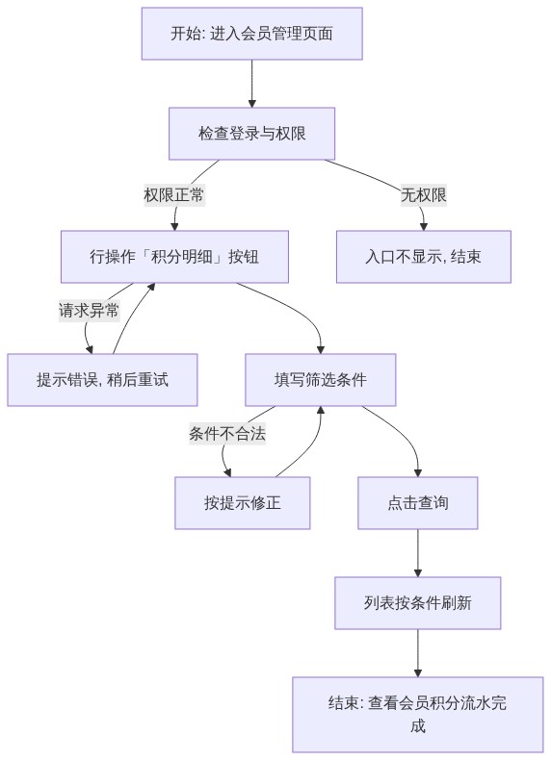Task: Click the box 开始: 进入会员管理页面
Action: (252, 34)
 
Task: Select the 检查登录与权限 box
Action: (252, 134)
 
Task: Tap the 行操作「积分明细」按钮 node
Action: (174, 257)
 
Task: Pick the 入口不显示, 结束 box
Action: (424, 257)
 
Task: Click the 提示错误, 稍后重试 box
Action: (102, 379)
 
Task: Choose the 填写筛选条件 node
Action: (321, 379)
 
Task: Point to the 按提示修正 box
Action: (242, 502)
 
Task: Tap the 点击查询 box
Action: (418, 502)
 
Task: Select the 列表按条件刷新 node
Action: (418, 603)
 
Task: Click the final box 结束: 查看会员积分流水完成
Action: (418, 715)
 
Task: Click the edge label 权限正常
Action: (174, 195)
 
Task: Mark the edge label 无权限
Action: (424, 195)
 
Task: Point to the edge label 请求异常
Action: (89, 310)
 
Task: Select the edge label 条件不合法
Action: (227, 433)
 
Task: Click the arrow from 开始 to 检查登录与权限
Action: (252, 84)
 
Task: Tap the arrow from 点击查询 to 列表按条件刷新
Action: (418, 553)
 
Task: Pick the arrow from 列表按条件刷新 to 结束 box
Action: (418, 653)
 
